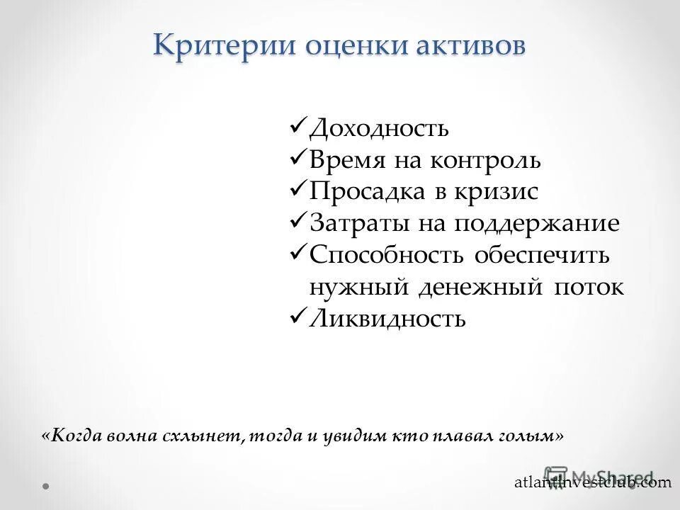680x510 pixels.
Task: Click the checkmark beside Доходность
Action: [298, 127]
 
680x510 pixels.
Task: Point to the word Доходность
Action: [379, 128]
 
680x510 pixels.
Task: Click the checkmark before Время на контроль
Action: [298, 159]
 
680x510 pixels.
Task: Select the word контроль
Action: [484, 161]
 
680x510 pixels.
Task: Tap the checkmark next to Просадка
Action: [298, 191]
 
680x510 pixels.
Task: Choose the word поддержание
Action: [537, 225]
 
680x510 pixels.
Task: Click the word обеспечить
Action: [542, 256]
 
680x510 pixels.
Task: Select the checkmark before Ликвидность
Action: [298, 318]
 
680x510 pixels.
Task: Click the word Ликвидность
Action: [387, 319]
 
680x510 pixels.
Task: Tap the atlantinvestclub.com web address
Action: [592, 482]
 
